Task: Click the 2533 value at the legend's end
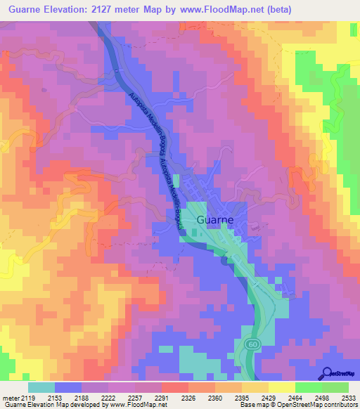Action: click(x=348, y=398)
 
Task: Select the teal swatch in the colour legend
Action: click(x=41, y=387)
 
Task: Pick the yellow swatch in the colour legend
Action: click(x=281, y=387)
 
